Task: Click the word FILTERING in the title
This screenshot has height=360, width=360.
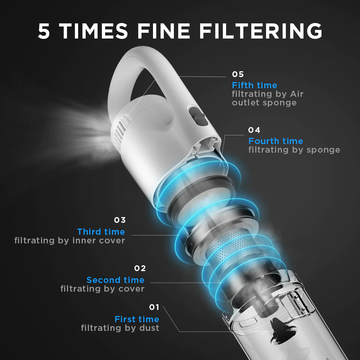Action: pyautogui.click(x=261, y=31)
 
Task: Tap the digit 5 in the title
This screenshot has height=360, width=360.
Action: pyautogui.click(x=44, y=31)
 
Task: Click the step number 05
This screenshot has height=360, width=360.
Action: pyautogui.click(x=238, y=74)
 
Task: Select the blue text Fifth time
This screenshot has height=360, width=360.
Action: pyautogui.click(x=255, y=85)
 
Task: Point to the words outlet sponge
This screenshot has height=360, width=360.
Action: pyautogui.click(x=264, y=103)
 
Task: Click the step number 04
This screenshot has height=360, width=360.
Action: pyautogui.click(x=254, y=130)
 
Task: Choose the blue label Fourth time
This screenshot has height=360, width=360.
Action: pyautogui.click(x=275, y=141)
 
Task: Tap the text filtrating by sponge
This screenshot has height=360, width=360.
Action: pyautogui.click(x=294, y=150)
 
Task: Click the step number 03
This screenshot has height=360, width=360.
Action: pyautogui.click(x=120, y=220)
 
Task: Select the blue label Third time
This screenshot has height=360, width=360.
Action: pyautogui.click(x=101, y=231)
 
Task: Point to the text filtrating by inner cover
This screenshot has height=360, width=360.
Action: pyautogui.click(x=69, y=240)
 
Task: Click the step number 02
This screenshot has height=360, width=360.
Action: pyautogui.click(x=140, y=268)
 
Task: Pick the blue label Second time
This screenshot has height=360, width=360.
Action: pyautogui.click(x=116, y=280)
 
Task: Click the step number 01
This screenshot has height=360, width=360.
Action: pyautogui.click(x=154, y=307)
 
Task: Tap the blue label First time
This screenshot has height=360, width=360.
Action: pyautogui.click(x=137, y=319)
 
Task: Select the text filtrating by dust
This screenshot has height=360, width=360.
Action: pyautogui.click(x=120, y=328)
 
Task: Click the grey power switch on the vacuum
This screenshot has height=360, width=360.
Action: pyautogui.click(x=198, y=116)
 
